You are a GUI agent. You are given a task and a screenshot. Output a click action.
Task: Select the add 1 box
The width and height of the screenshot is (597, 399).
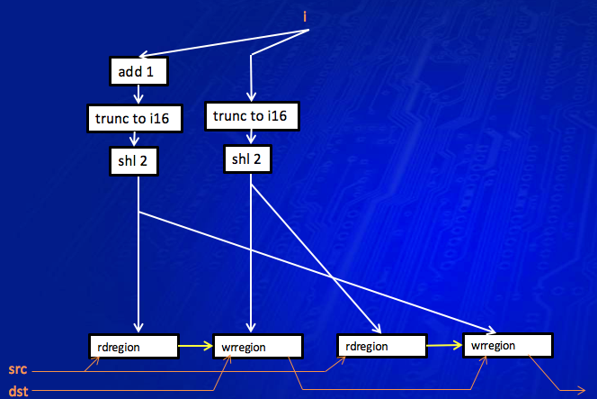coord(138,71)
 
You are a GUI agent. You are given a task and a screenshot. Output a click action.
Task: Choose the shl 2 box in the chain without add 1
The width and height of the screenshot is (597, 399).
coord(247,159)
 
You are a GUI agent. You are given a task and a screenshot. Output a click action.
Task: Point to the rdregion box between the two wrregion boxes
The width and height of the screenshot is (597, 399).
coord(381,346)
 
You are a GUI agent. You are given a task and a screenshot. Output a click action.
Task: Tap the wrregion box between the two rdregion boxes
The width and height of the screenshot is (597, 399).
coord(256,347)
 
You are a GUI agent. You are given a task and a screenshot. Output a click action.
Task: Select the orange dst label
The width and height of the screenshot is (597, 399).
coord(17,392)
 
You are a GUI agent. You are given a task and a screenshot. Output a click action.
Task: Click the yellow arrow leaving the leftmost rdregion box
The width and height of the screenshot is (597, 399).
coord(193,344)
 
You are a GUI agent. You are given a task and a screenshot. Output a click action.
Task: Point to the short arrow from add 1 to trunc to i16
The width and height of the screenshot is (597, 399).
coord(137,94)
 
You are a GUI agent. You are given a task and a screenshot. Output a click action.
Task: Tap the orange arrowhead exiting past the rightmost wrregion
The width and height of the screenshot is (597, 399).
coord(581,389)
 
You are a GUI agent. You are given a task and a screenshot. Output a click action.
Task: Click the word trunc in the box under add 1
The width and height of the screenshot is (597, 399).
coord(111,117)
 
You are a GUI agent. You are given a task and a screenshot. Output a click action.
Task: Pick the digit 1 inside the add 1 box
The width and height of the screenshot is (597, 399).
coord(155,71)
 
